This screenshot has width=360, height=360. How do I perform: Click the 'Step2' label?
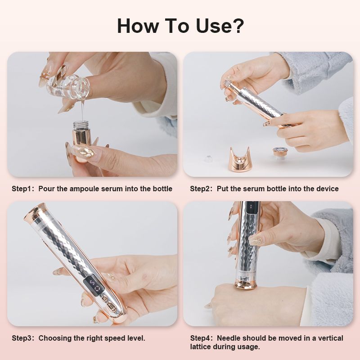click(x=202, y=189)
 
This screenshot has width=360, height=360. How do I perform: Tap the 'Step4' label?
click(x=202, y=338)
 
